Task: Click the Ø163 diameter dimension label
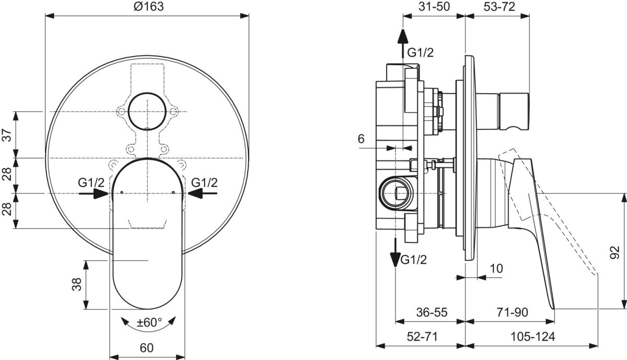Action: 148,7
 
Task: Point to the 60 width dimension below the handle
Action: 147,347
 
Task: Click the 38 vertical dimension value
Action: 77,285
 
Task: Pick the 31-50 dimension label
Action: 433,7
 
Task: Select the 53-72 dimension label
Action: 497,7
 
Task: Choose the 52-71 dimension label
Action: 421,337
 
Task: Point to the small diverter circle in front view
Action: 148,112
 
